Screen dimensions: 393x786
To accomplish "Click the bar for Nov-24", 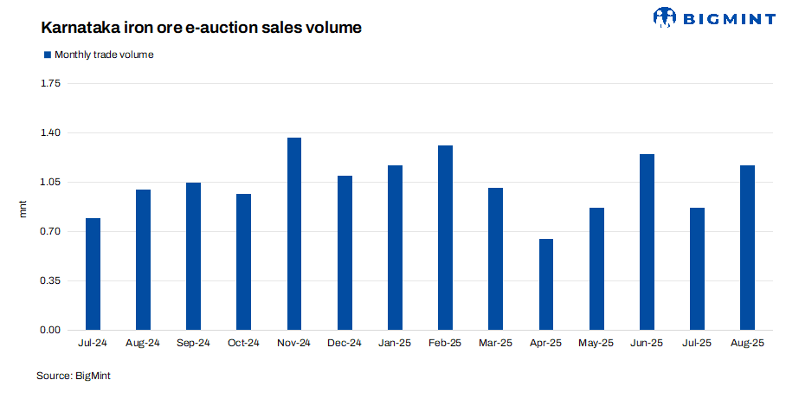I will [294, 234].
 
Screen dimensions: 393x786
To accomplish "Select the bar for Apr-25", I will [546, 285].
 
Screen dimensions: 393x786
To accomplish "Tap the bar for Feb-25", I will [446, 238].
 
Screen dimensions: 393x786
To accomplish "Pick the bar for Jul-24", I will [93, 274].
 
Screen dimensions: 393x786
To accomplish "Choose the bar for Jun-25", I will [647, 242].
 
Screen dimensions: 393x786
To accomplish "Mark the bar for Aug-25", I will [748, 248].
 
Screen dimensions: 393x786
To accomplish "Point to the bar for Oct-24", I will [244, 262].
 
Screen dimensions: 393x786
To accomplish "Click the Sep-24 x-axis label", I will [193, 344].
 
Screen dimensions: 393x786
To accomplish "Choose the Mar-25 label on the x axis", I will [496, 344].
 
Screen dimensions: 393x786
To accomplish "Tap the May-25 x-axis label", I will [596, 344].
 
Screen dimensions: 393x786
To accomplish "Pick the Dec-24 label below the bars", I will [345, 344].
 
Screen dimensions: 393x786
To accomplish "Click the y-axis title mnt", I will [23, 208].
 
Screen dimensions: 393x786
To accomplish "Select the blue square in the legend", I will [47, 55].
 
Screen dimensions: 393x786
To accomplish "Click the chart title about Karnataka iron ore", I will [201, 28].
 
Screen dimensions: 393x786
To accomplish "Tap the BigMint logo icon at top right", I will [665, 17].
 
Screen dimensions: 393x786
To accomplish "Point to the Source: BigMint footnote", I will [74, 376].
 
